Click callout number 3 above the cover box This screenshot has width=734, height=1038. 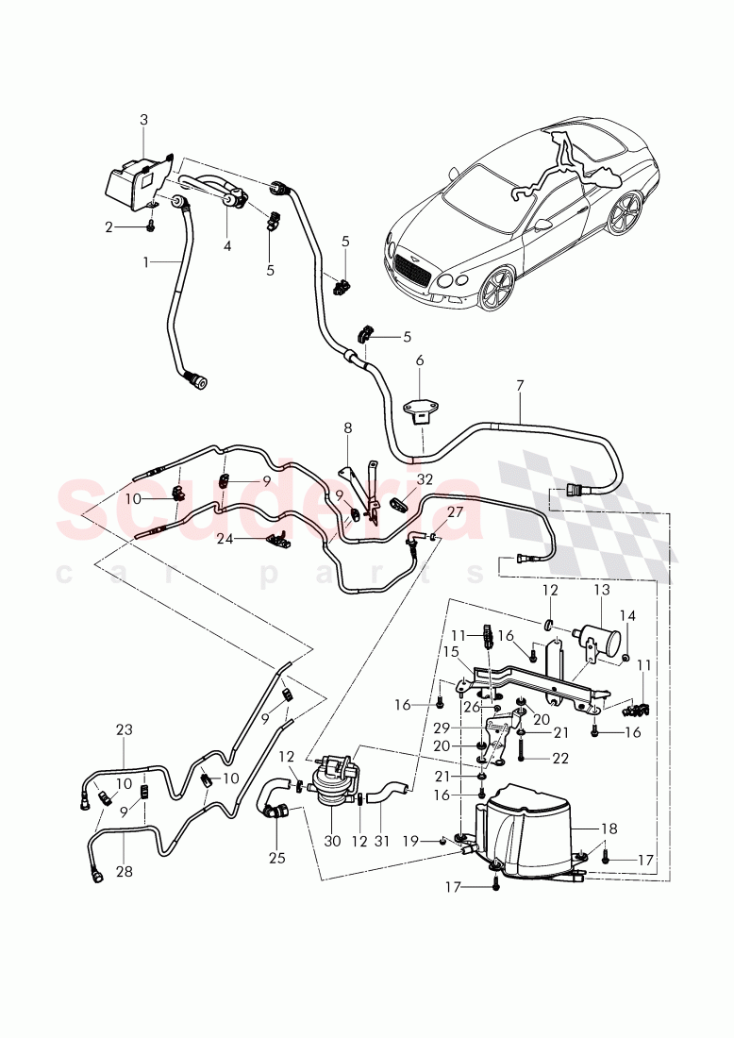[x=143, y=120]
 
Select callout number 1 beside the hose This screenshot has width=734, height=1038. [x=146, y=261]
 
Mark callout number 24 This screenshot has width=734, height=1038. [x=225, y=541]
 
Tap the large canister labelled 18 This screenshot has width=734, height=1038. [x=528, y=830]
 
